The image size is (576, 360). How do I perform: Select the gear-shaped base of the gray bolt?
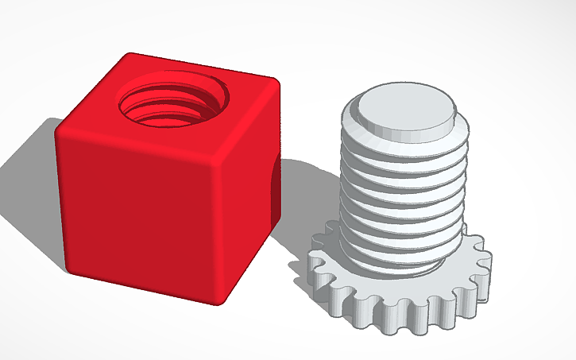tap(397, 294)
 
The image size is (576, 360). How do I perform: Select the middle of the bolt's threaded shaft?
tap(401, 195)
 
